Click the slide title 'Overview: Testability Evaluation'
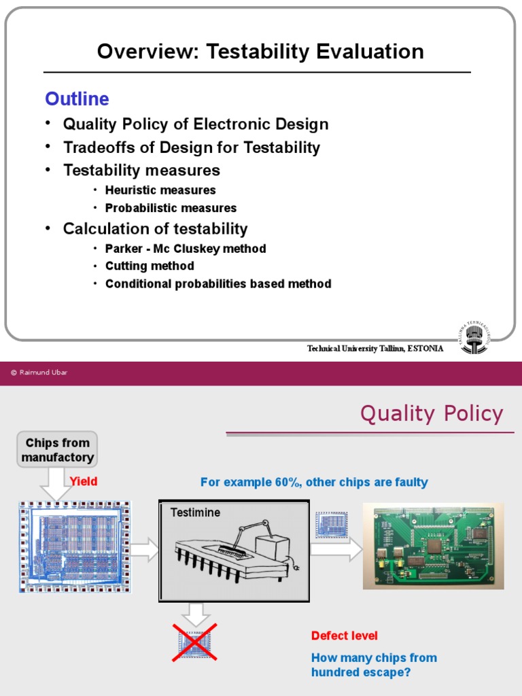(260, 52)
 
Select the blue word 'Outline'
(77, 99)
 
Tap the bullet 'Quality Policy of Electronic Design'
(196, 124)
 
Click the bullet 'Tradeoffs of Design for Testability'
(191, 147)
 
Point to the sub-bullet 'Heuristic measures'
(160, 190)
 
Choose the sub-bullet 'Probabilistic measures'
(171, 208)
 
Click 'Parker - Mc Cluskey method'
(186, 249)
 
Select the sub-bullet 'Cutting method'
(150, 266)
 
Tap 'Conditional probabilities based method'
(218, 283)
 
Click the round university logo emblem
(474, 338)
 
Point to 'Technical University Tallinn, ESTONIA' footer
(375, 349)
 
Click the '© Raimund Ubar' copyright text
(39, 372)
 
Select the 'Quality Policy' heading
(431, 413)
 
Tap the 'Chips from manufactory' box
(57, 450)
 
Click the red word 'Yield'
(84, 481)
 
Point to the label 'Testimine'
(195, 512)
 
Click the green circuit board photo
(433, 546)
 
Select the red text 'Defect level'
(344, 636)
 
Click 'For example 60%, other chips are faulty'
(314, 482)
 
